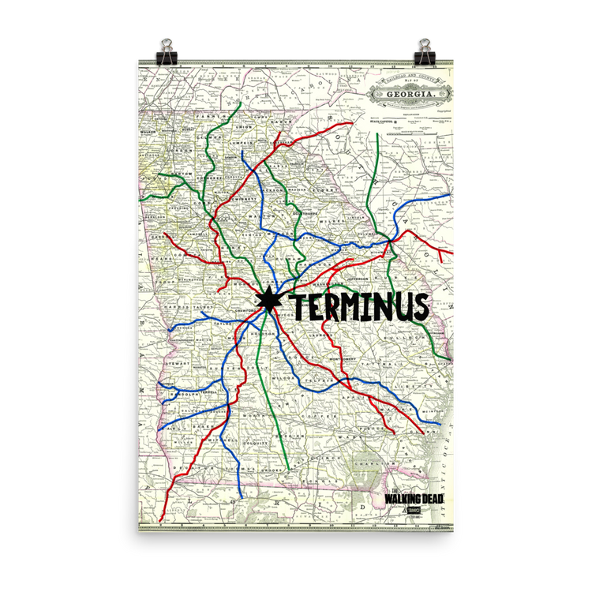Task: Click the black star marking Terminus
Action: coord(268,301)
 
